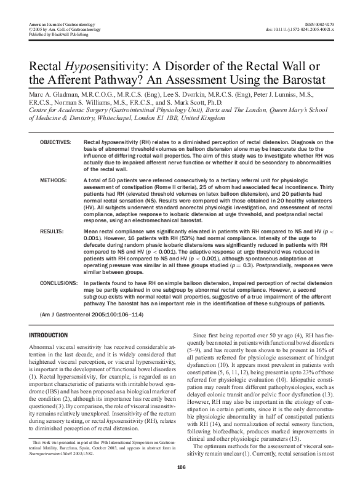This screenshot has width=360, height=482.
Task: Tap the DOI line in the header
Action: (305, 28)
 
